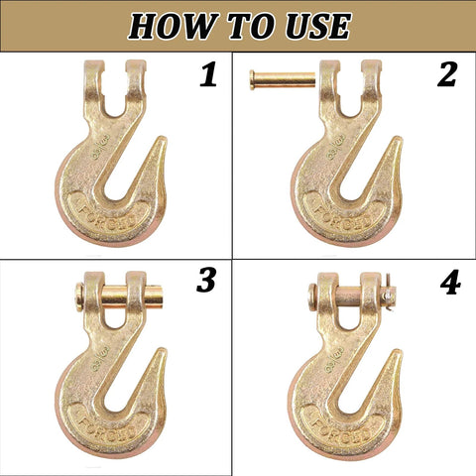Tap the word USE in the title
pos(310,25)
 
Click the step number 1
pos(208,75)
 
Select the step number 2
pos(447,73)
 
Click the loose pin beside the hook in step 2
pos(281,74)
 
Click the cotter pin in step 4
pos(388,295)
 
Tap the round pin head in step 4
pos(312,295)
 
